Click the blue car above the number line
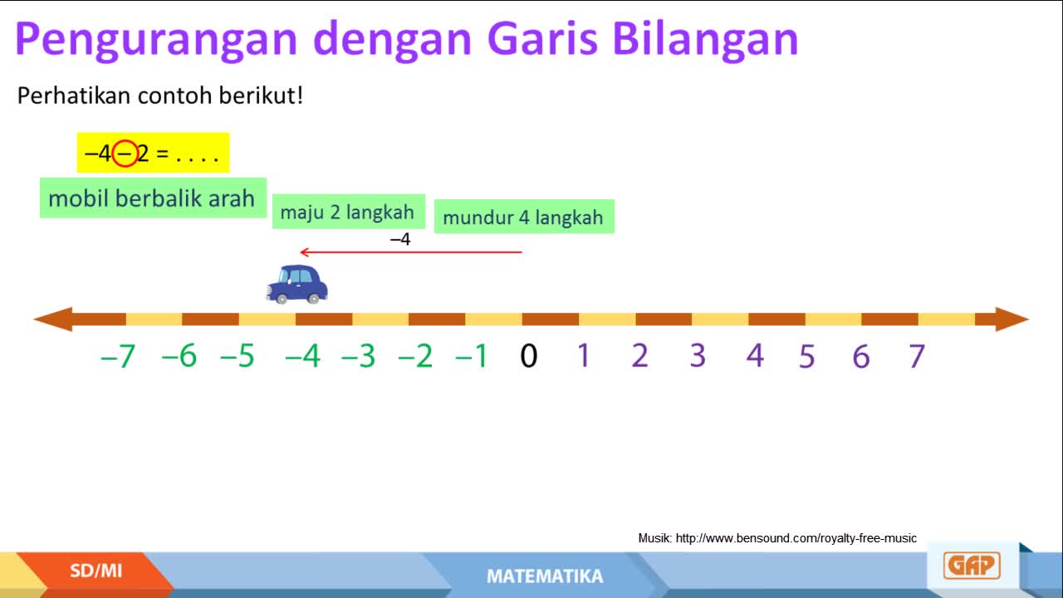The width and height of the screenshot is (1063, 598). tap(297, 284)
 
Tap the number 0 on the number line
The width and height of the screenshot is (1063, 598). tap(529, 356)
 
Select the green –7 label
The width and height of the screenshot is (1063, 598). tap(118, 356)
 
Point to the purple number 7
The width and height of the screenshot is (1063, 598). tap(916, 356)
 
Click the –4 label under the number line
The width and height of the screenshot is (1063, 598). tap(303, 356)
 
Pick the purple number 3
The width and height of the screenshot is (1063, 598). tap(698, 355)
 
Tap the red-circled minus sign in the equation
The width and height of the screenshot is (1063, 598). tap(125, 154)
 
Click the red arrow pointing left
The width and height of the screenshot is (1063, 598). tap(411, 252)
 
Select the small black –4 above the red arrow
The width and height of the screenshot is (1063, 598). tap(400, 238)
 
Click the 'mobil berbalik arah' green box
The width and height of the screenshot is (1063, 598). tap(153, 198)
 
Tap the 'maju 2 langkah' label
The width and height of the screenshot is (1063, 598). tap(348, 212)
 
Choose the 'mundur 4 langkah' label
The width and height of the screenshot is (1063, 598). tap(524, 217)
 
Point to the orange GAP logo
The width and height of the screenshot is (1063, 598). tap(972, 566)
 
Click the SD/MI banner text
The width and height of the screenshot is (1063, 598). tap(96, 571)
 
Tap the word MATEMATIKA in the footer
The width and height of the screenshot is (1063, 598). tap(545, 576)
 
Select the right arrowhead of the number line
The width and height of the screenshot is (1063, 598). tap(1012, 319)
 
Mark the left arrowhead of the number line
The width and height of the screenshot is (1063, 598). tap(52, 319)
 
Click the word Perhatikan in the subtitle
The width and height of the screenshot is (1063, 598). tap(74, 96)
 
